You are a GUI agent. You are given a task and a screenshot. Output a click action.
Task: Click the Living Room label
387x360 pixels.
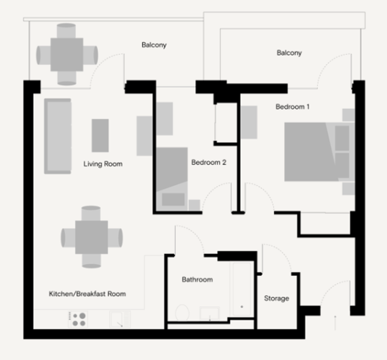(x=103, y=164)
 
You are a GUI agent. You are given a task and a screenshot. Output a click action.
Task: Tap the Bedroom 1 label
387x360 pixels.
(x=293, y=107)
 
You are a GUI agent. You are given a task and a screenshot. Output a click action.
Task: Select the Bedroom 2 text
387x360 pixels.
(x=209, y=162)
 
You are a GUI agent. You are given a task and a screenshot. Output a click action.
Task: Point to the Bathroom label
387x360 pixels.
(x=197, y=279)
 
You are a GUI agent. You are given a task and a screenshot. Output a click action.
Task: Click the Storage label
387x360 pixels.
(x=276, y=298)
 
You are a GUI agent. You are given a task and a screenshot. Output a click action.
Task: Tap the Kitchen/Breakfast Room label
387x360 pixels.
(x=87, y=294)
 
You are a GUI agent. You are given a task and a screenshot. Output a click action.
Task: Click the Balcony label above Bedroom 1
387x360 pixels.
(x=289, y=53)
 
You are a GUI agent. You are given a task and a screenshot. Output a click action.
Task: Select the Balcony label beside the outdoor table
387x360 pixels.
(x=154, y=45)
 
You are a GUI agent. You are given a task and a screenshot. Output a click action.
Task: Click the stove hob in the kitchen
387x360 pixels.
(x=78, y=319)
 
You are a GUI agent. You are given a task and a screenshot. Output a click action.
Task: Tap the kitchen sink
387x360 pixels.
(x=120, y=319)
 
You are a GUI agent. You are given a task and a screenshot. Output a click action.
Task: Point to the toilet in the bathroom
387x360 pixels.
(x=182, y=312)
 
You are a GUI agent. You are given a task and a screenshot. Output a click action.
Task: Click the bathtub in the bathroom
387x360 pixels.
(x=241, y=290)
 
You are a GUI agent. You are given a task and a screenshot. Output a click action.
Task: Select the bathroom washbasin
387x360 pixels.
(x=209, y=314)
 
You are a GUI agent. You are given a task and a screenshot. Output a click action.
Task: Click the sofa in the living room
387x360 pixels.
(x=58, y=136)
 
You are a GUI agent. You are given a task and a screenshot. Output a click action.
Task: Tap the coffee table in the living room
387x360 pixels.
(x=100, y=135)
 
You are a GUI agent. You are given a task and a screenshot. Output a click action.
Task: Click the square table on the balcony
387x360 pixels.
(x=67, y=55)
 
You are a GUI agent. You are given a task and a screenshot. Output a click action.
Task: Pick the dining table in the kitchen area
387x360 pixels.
(x=92, y=237)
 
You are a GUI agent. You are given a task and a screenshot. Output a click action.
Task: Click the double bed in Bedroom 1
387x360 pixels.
(x=320, y=152)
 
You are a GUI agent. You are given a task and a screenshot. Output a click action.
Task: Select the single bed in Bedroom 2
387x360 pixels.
(x=172, y=179)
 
